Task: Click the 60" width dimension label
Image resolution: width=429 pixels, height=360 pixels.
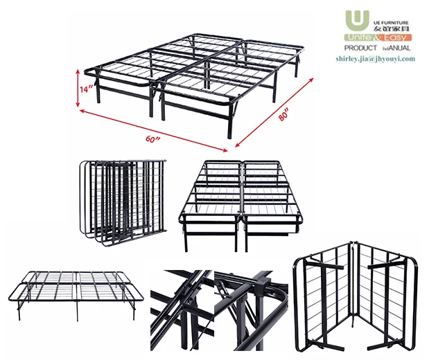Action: pyautogui.click(x=153, y=140)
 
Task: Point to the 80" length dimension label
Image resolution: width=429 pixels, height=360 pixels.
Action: pyautogui.click(x=283, y=116)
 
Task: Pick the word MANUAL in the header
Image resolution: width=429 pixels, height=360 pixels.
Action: pyautogui.click(x=398, y=48)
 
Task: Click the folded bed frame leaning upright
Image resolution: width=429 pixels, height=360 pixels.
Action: pyautogui.click(x=123, y=201)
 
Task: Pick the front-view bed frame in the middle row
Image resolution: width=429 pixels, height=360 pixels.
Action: pyautogui.click(x=242, y=204)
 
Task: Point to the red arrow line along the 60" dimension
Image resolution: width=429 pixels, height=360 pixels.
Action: pyautogui.click(x=152, y=129)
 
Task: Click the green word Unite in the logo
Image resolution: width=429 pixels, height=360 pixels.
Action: pyautogui.click(x=362, y=37)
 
